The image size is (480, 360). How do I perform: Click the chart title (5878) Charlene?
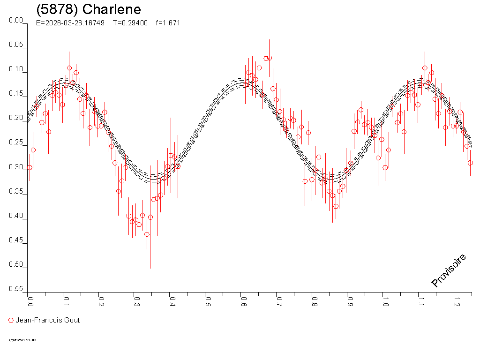tap(88, 10)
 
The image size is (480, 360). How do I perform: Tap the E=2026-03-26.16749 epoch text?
tap(70, 23)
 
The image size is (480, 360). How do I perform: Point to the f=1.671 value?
tap(168, 23)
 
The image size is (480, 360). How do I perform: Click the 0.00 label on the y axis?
tap(16, 21)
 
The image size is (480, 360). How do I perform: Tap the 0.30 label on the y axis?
tap(16, 167)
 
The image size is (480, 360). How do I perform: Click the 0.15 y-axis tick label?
tap(16, 94)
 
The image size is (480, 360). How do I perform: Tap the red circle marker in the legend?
tap(11, 321)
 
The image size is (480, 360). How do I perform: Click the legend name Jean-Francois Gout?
tap(48, 321)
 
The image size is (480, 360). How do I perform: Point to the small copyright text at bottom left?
tap(22, 340)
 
